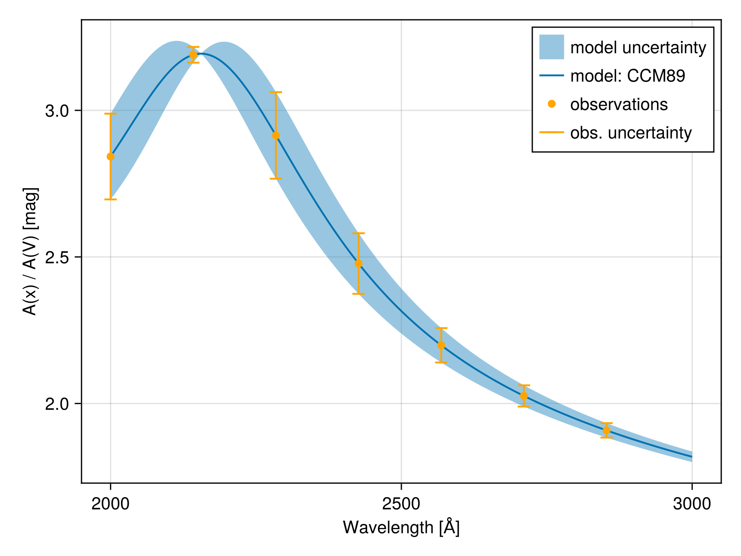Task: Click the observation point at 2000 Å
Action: (110, 157)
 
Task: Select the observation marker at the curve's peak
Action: (193, 55)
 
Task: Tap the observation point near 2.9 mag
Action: (276, 135)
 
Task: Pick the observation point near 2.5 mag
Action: (359, 264)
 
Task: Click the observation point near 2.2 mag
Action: (441, 345)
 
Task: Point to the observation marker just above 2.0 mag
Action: (524, 396)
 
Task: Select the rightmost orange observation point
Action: (606, 430)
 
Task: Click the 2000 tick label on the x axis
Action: (110, 504)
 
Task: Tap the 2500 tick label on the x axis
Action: (401, 504)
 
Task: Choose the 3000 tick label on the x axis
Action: (692, 504)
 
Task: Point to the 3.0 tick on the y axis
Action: (57, 111)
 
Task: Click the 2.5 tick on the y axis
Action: (57, 257)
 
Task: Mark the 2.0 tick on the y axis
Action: (57, 404)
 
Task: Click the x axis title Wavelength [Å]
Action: (401, 528)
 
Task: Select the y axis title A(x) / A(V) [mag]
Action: (30, 251)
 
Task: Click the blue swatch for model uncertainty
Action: (551, 47)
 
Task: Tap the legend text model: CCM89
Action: (627, 76)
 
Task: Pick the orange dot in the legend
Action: (552, 104)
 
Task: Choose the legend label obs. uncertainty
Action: (631, 133)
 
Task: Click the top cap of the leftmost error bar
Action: (110, 114)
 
